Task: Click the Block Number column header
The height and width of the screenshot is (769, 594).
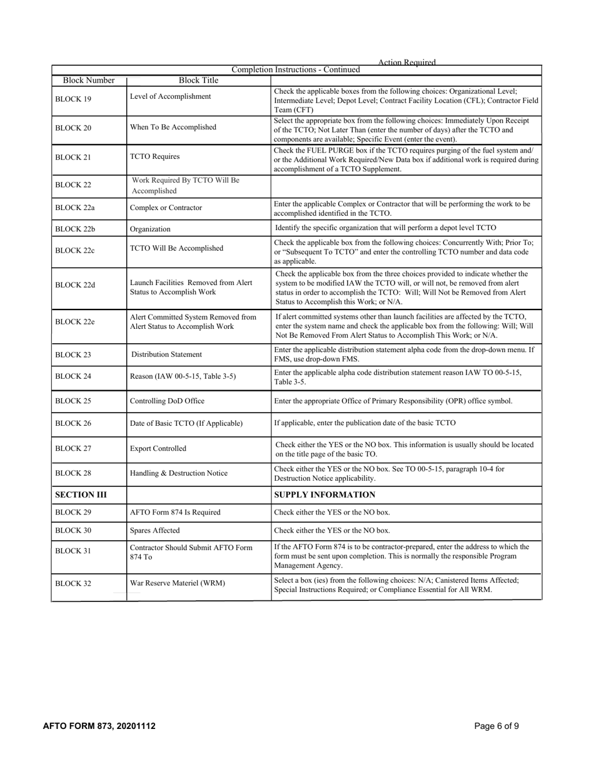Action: [89, 81]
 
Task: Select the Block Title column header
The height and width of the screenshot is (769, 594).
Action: [198, 81]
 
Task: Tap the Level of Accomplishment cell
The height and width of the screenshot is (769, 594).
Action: [171, 96]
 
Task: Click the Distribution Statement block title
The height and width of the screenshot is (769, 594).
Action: [167, 354]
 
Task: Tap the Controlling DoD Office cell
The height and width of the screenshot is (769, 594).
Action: [167, 401]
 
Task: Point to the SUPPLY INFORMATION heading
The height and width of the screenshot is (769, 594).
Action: [325, 495]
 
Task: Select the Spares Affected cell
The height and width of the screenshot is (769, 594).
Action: [154, 530]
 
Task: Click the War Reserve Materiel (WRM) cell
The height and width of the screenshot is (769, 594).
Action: [178, 583]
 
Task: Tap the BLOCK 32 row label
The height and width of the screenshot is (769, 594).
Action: [73, 584]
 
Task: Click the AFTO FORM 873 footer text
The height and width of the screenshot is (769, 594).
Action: [99, 726]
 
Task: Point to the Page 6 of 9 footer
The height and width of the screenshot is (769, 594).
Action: [496, 726]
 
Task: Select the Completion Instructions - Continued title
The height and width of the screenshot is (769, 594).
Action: [296, 69]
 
